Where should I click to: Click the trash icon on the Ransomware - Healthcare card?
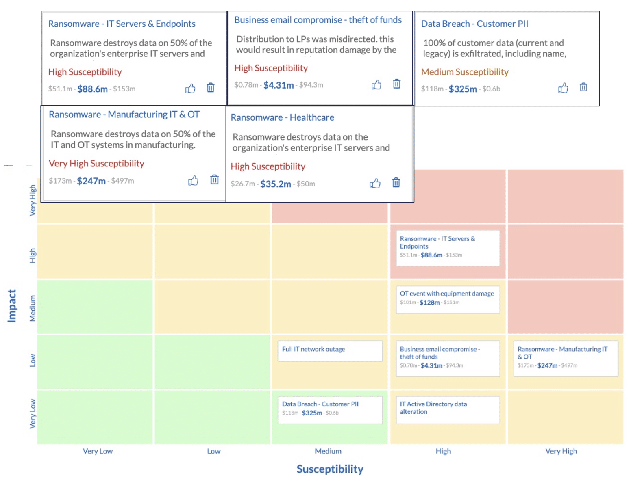coord(396,183)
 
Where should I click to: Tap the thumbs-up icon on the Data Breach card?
coord(563,88)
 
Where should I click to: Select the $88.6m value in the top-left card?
coord(92,89)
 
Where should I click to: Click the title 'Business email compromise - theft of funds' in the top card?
coord(318,20)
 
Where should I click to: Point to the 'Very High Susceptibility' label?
coord(96,163)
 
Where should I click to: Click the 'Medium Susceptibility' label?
coord(465,72)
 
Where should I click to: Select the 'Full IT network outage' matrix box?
coord(330,350)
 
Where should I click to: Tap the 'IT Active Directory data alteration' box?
coord(448,409)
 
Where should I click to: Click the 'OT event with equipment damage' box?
coord(448,299)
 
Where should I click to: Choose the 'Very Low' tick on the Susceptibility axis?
coord(98,451)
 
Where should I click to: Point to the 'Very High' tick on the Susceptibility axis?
coord(561,451)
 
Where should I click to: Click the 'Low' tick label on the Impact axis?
coord(33,360)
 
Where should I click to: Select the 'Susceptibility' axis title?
coord(330,469)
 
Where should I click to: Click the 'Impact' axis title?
coord(12,306)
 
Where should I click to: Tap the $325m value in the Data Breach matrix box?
coord(312,413)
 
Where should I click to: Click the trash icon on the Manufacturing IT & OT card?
coord(214,179)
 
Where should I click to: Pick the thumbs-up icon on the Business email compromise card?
coord(376,84)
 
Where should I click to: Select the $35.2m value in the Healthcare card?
coord(276,184)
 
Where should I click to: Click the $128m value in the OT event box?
coord(429,303)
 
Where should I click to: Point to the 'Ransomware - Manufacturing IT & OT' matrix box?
coord(566,358)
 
